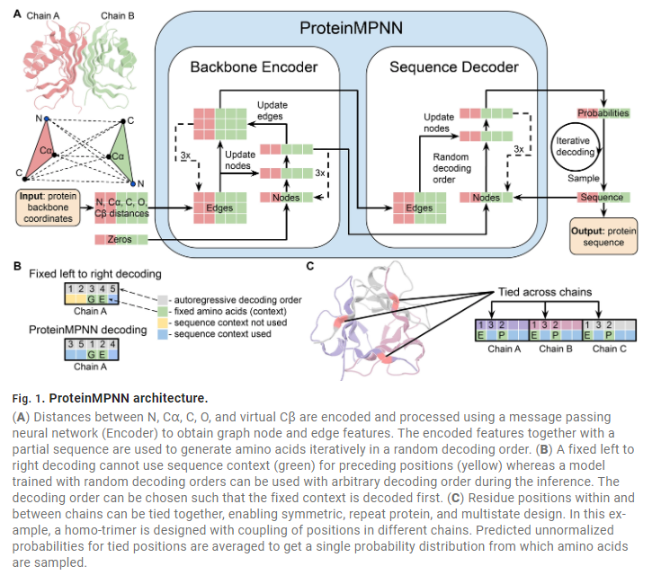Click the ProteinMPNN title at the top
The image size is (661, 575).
click(x=351, y=28)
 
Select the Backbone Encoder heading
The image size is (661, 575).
click(x=254, y=67)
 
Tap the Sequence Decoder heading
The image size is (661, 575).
click(x=453, y=67)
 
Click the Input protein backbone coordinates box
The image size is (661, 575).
click(x=48, y=208)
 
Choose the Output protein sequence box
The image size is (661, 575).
click(x=603, y=236)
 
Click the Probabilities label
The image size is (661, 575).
click(x=603, y=113)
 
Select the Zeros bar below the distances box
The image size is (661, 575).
click(x=121, y=239)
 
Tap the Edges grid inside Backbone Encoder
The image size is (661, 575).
click(x=219, y=208)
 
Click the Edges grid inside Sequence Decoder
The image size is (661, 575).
click(x=419, y=208)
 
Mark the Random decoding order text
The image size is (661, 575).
click(x=451, y=168)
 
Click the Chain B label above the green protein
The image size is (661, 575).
click(x=118, y=16)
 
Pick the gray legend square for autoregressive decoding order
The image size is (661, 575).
click(x=163, y=300)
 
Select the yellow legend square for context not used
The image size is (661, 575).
click(x=163, y=323)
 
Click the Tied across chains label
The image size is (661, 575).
click(x=545, y=292)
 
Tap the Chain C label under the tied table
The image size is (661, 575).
click(x=609, y=349)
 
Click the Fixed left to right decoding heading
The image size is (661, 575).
click(x=95, y=274)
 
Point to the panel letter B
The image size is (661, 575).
click(x=17, y=266)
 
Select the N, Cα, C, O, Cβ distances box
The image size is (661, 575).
click(x=121, y=208)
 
